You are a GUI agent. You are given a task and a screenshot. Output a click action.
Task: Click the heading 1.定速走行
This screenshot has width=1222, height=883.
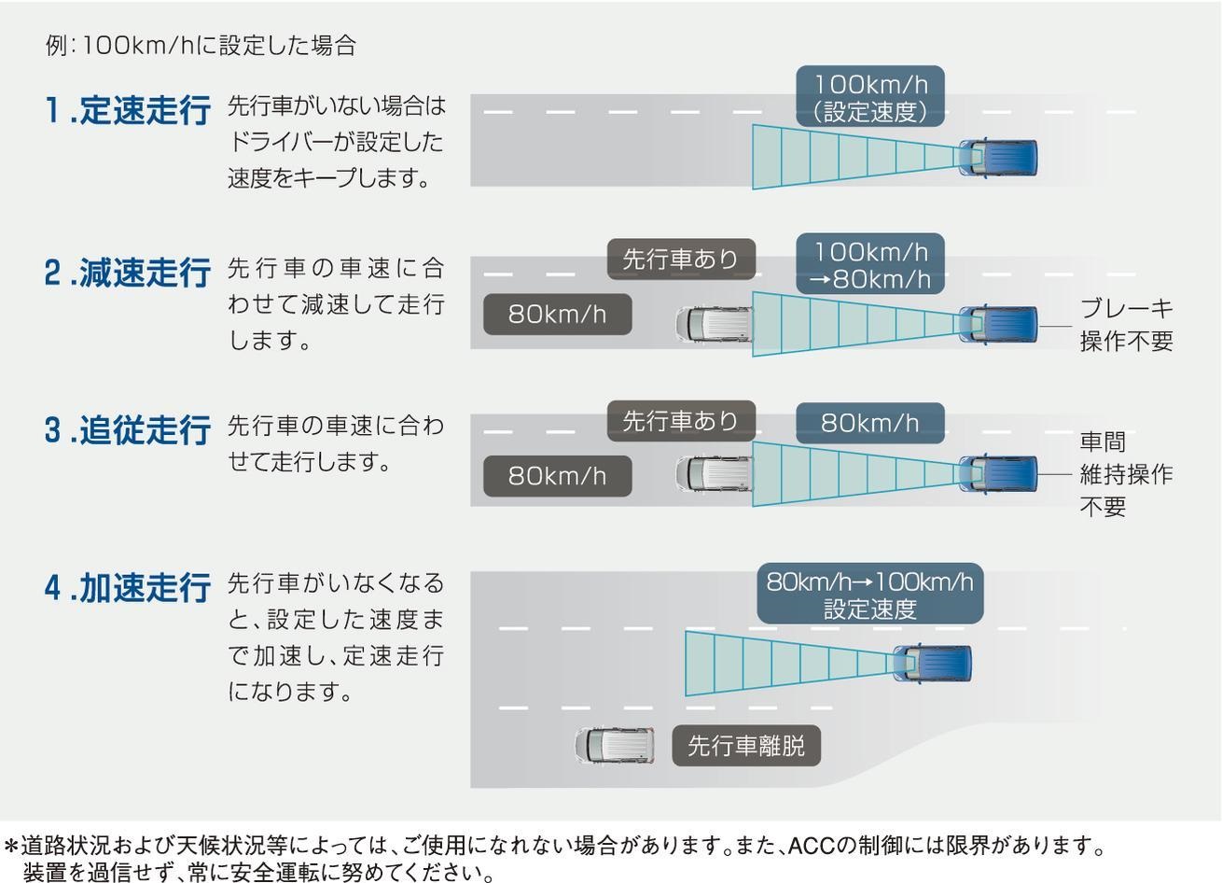click(127, 111)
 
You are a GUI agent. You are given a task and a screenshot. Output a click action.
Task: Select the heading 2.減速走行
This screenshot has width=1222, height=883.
click(127, 273)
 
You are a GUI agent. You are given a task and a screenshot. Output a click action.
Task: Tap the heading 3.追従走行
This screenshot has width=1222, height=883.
click(127, 431)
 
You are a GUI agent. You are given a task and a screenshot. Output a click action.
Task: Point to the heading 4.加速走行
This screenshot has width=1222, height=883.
click(127, 589)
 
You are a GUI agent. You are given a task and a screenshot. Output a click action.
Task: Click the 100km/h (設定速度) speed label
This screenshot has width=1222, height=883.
click(870, 97)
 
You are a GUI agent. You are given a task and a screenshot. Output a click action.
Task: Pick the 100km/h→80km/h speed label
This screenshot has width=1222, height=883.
click(870, 265)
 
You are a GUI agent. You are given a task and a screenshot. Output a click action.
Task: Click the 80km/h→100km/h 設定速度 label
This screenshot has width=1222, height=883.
click(869, 595)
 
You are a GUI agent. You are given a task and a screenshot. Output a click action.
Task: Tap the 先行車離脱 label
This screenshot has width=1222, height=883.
click(746, 746)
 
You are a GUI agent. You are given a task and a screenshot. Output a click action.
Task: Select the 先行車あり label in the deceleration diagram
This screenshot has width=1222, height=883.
click(680, 259)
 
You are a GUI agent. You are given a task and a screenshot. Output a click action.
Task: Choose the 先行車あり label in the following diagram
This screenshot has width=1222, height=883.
click(680, 421)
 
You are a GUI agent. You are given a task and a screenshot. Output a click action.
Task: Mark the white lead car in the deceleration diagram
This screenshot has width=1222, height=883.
click(714, 324)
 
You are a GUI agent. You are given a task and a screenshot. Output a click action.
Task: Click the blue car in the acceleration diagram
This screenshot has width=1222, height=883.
click(933, 664)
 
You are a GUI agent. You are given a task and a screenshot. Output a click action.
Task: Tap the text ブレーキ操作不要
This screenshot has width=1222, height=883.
click(1126, 325)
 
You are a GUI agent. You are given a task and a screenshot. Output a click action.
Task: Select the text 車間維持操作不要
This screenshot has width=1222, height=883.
click(1126, 474)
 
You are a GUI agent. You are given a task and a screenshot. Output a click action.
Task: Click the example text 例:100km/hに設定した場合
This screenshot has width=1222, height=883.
click(201, 46)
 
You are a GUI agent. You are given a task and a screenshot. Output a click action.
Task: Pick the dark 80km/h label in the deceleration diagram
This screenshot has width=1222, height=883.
click(557, 315)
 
